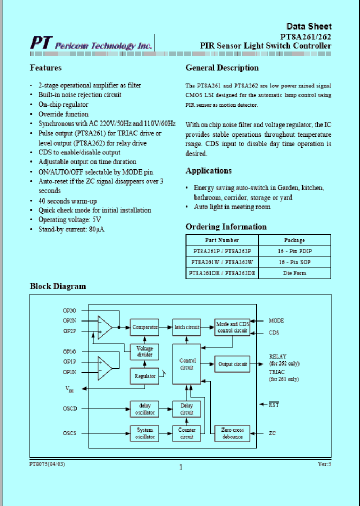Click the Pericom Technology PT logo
(40, 43)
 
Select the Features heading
(45, 68)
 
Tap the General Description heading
(222, 68)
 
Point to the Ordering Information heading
(226, 227)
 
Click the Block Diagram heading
(58, 286)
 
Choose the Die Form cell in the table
(294, 273)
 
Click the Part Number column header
(222, 240)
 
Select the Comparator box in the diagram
(145, 327)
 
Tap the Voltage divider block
(145, 351)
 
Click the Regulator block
(145, 376)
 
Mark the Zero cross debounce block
(232, 433)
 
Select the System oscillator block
(145, 433)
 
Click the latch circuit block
(186, 327)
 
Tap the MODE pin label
(276, 320)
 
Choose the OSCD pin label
(70, 409)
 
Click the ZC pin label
(272, 433)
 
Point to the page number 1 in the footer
(180, 467)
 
